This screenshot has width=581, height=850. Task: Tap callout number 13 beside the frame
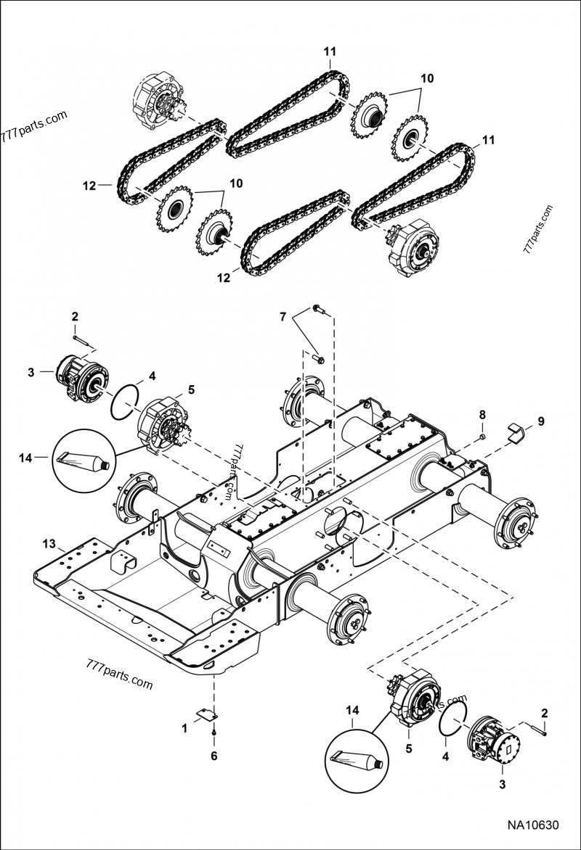[49, 544]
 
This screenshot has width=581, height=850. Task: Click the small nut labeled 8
[482, 438]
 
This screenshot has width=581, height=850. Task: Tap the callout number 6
[213, 756]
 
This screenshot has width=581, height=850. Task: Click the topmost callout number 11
[330, 51]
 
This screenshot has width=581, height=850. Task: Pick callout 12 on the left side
[89, 186]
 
